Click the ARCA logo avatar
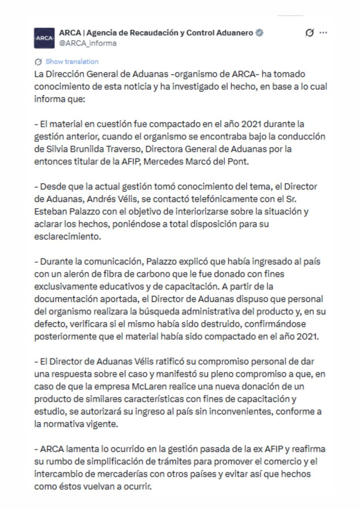[44, 38]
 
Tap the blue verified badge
[260, 33]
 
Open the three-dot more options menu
[323, 33]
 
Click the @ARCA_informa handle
[88, 43]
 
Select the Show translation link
[72, 62]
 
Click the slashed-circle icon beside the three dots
[309, 33]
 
